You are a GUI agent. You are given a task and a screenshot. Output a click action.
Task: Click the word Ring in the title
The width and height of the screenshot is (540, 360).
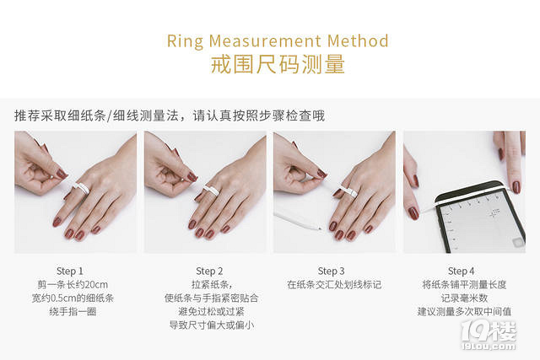[185, 41]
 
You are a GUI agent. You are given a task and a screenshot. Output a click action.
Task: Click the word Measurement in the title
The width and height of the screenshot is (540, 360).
[265, 40]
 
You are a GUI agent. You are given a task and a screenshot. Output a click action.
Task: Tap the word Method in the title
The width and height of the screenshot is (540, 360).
[358, 40]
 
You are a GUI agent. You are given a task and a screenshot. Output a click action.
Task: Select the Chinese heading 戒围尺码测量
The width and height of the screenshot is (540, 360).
[278, 64]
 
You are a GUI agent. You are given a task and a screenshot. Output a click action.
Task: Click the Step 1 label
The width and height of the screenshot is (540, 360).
[69, 271]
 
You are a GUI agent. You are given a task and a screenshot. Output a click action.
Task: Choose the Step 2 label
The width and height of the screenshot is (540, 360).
[209, 271]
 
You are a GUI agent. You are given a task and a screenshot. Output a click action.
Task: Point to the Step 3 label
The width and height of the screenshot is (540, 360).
[331, 271]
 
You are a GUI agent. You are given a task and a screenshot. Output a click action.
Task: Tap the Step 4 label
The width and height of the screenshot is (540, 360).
[462, 271]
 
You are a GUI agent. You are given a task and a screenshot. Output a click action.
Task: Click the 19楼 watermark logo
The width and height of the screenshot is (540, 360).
[489, 336]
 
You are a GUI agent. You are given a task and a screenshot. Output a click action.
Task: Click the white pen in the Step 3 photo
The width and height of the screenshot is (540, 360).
[298, 220]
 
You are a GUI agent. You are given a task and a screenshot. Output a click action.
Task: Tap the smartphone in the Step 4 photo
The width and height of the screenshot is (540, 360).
[480, 218]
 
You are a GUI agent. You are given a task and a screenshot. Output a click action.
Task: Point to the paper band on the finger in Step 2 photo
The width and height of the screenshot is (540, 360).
[210, 190]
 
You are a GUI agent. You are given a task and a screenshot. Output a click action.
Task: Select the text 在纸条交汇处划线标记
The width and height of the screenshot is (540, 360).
[334, 285]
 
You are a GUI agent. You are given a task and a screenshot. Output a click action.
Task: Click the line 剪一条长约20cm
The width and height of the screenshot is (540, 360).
[73, 285]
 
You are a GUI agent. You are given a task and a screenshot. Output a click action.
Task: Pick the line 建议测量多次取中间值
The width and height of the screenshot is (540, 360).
[464, 311]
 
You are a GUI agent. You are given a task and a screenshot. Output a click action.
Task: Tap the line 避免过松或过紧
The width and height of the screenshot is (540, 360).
[211, 311]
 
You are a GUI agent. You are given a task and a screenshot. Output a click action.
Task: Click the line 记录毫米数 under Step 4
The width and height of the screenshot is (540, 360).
[464, 298]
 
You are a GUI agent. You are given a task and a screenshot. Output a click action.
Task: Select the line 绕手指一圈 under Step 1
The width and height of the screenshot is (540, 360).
[73, 311]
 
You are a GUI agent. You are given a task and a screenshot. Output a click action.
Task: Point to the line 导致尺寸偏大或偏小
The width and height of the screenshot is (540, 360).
[211, 325]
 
